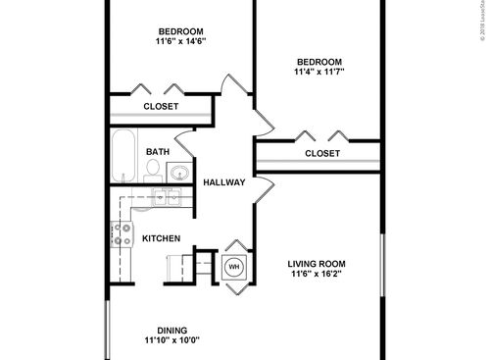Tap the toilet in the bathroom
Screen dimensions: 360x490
pos(153,170)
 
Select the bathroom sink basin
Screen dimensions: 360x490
pos(179,174)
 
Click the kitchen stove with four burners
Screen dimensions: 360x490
pos(123,233)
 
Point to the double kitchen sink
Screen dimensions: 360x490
pos(165,196)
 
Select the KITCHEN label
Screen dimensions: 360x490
pos(161,238)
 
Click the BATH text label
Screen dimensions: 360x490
pos(158,152)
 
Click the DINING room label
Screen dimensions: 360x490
pos(172,330)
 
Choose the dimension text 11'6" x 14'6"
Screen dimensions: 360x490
pos(180,41)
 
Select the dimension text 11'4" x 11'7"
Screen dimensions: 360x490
pos(318,72)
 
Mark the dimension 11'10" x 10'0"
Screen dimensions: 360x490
pos(172,342)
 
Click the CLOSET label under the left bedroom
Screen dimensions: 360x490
pos(161,106)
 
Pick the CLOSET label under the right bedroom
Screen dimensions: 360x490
pos(321,154)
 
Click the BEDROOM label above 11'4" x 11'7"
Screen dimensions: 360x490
pos(318,59)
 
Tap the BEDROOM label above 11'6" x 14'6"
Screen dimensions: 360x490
pos(180,28)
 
